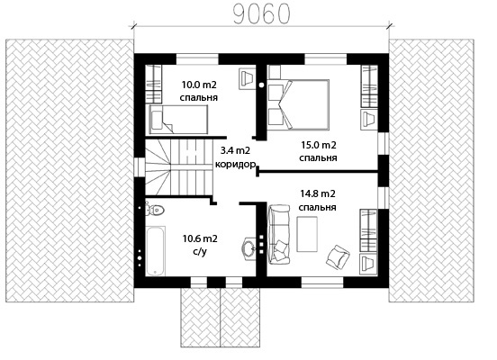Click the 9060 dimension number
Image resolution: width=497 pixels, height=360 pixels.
[261, 14]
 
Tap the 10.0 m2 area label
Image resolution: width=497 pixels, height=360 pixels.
[199, 85]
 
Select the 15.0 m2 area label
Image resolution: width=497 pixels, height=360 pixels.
[319, 145]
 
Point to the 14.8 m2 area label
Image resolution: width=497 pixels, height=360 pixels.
[318, 193]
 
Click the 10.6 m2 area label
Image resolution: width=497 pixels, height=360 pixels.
[200, 238]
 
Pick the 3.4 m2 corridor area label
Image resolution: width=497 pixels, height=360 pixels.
[235, 150]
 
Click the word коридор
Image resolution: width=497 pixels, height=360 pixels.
[235, 164]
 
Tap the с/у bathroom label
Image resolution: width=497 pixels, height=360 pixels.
[200, 252]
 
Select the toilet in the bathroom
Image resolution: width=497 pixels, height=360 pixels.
[155, 210]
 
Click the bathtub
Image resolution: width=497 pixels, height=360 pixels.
[156, 251]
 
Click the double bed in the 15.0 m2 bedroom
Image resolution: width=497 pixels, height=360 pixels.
[298, 105]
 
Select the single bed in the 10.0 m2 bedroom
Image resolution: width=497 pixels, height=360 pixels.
[178, 119]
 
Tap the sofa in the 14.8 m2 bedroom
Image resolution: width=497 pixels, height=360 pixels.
[279, 234]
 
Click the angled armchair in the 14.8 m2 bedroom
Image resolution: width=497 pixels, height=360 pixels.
[338, 256]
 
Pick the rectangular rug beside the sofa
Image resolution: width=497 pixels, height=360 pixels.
[307, 234]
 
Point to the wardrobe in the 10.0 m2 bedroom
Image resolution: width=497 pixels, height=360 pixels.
[154, 84]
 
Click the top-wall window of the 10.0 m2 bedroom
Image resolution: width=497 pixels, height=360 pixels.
[197, 59]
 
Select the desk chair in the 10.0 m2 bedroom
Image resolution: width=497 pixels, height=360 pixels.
[247, 78]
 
